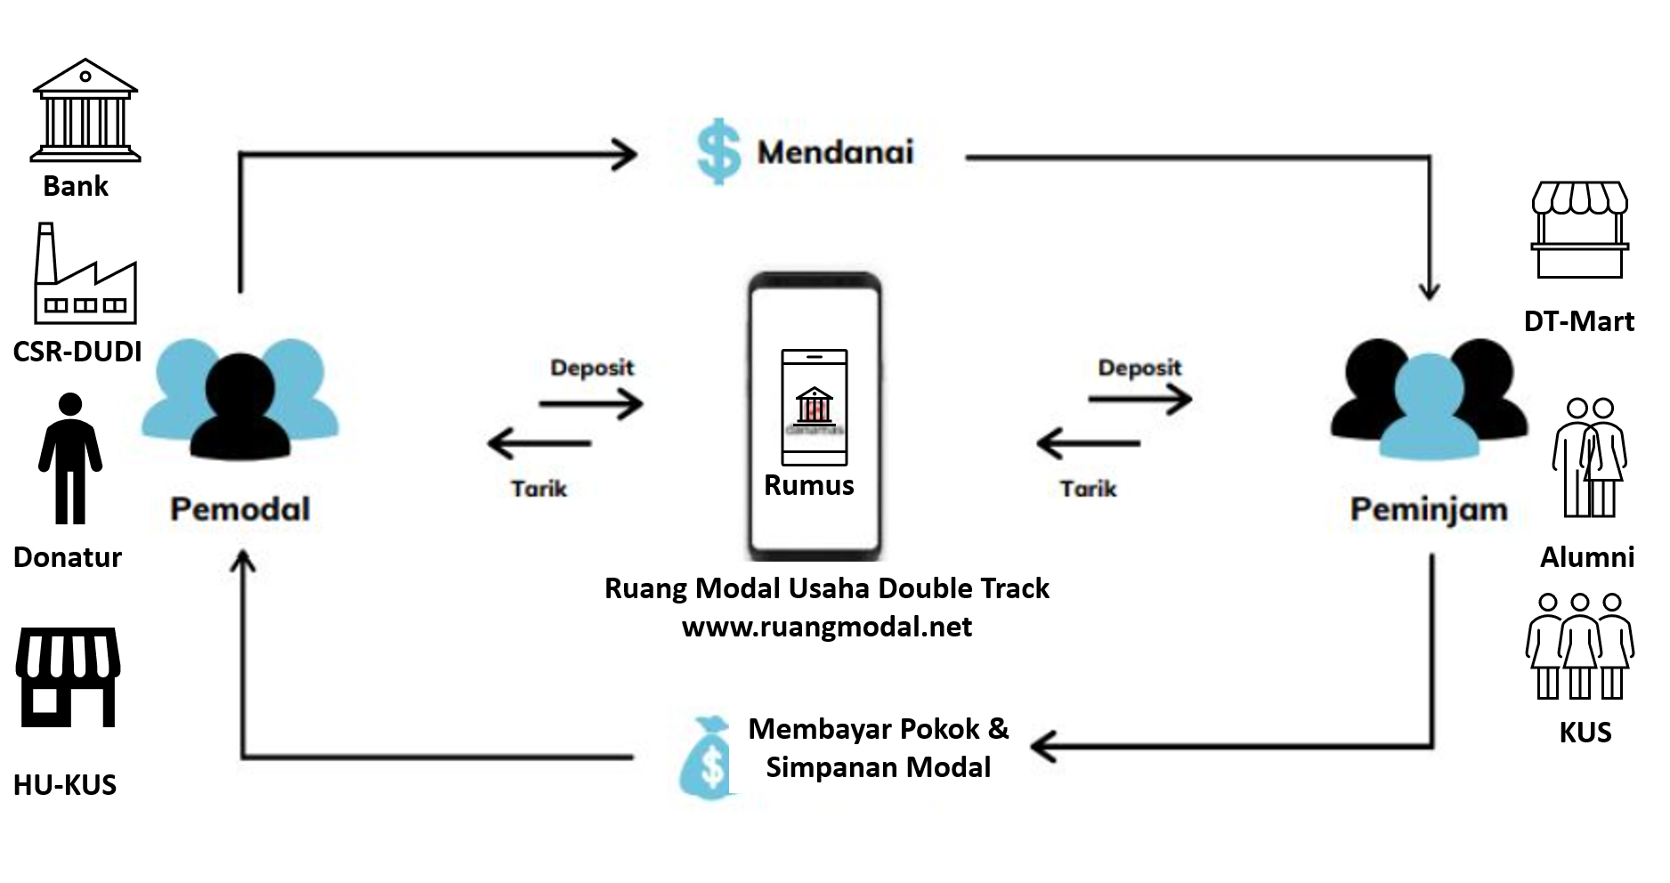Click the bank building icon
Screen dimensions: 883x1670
(x=85, y=110)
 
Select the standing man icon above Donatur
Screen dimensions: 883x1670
(x=70, y=458)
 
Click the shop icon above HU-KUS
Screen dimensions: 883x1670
(x=68, y=676)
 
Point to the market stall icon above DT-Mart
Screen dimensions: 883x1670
(x=1579, y=230)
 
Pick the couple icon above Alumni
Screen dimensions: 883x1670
(x=1590, y=458)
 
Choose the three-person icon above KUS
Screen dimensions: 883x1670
(x=1579, y=646)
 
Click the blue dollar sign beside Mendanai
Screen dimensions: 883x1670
(x=717, y=152)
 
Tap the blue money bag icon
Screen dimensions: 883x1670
(x=708, y=758)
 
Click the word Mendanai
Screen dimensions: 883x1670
(x=835, y=152)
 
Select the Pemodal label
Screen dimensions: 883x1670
(x=240, y=509)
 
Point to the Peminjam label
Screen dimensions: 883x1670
(x=1429, y=509)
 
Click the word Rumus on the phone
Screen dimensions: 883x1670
(x=808, y=485)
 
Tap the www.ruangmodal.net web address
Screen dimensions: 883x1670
(x=826, y=627)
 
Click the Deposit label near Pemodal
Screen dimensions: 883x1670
(x=592, y=368)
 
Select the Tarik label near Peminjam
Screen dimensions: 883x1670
(x=1088, y=489)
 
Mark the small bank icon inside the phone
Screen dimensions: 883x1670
(x=815, y=405)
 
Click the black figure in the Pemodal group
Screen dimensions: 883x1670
(x=240, y=405)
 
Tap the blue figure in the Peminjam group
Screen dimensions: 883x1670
(x=1429, y=409)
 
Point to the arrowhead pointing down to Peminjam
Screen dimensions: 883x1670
(x=1429, y=290)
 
